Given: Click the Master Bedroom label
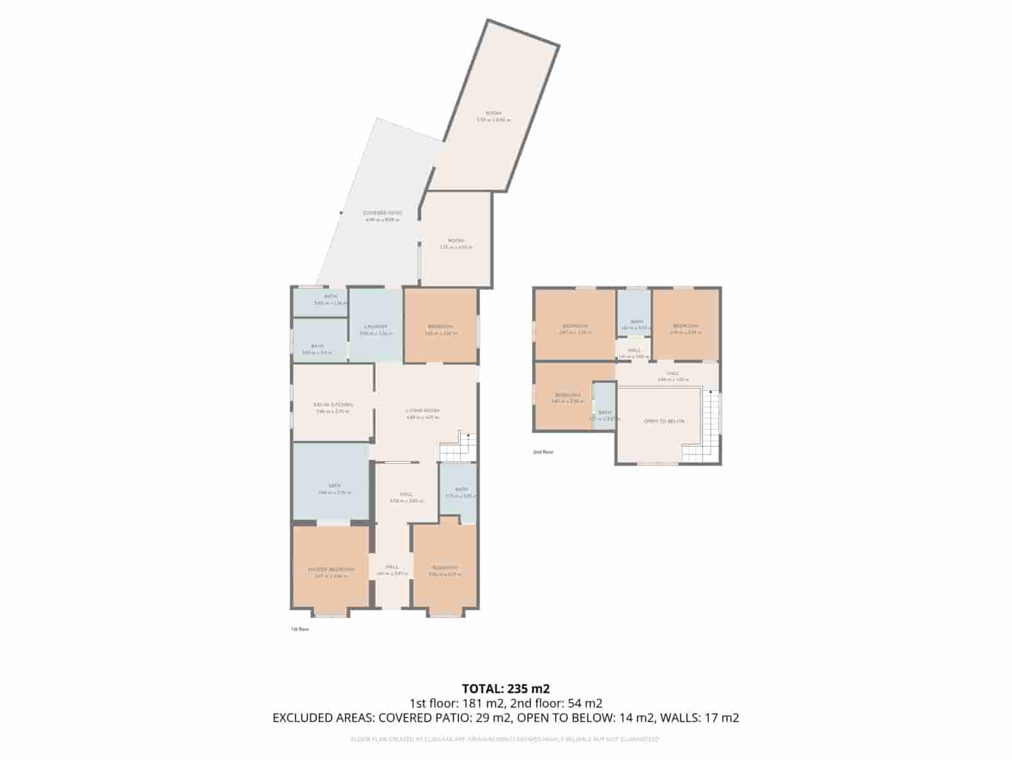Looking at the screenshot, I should point(331,569).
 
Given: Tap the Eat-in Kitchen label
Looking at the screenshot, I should point(333,405).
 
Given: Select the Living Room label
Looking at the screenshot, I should point(423,411).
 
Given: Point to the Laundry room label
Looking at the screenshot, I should point(376,327).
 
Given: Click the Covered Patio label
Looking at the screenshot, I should point(382,213).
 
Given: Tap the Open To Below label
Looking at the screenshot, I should point(664,421).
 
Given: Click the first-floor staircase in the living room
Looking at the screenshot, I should point(457,448).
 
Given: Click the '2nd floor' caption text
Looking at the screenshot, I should point(542,452).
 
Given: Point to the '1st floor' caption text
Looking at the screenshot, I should point(299,629).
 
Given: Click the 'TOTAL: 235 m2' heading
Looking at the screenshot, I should point(506,688).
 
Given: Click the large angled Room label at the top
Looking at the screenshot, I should point(494,113).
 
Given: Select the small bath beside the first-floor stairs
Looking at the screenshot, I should point(460,490).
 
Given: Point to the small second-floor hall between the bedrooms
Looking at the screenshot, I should point(634,350).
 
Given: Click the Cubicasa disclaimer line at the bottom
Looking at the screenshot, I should point(506,739).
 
